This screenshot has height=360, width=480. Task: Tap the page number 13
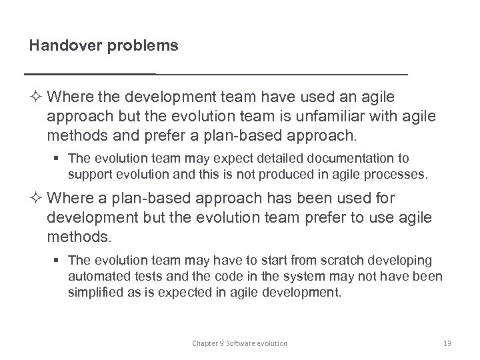pyautogui.click(x=447, y=343)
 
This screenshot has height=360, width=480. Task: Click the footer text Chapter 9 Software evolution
pyautogui.click(x=239, y=343)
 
